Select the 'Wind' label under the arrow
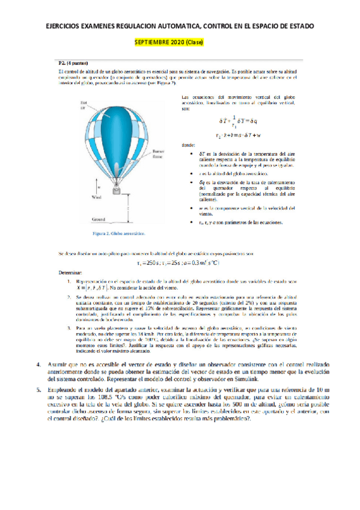point(78,196)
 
